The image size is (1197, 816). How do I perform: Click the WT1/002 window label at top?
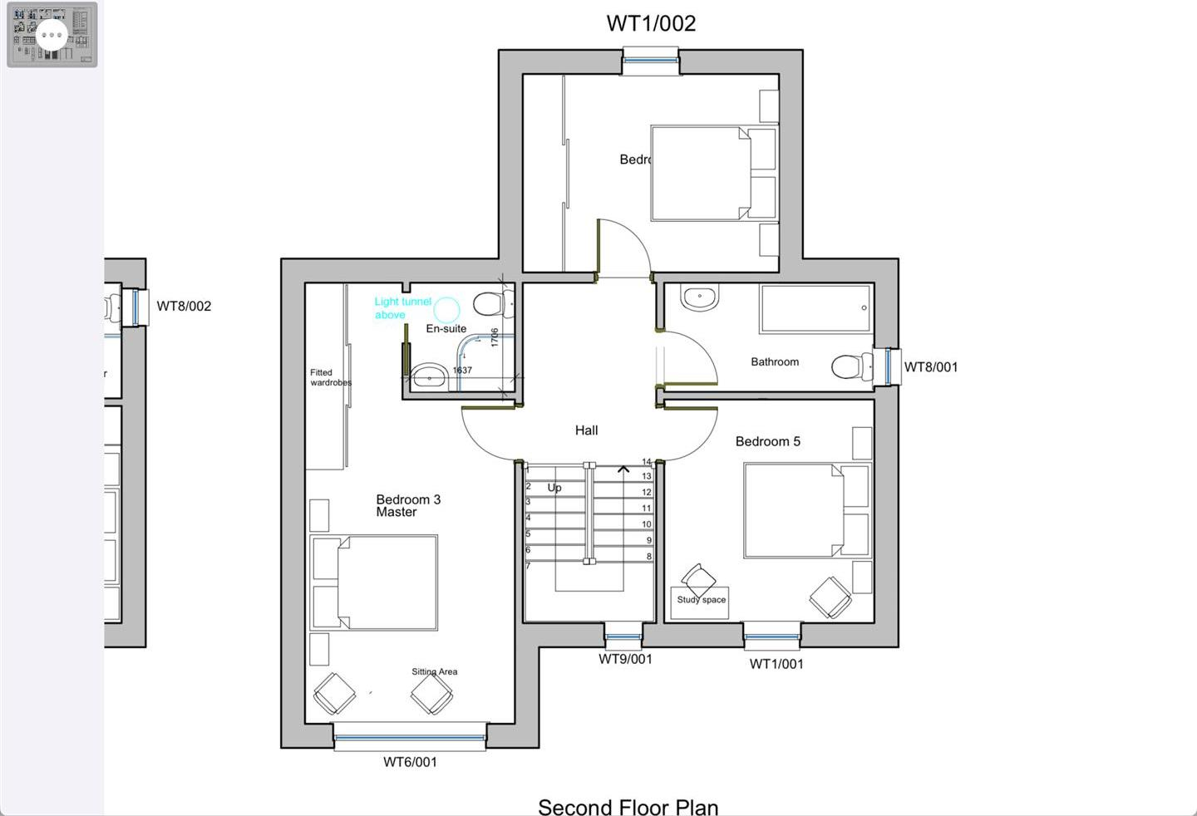[651, 23]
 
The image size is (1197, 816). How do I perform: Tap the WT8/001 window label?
[930, 367]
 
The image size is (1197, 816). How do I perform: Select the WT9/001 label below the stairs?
[625, 659]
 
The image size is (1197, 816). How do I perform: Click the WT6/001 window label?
[410, 762]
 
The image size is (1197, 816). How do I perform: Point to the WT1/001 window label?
[776, 664]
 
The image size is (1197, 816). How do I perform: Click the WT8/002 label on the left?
[184, 306]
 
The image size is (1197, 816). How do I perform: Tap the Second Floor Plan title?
[628, 806]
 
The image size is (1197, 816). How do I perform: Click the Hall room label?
[586, 430]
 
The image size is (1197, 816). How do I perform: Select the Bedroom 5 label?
[767, 441]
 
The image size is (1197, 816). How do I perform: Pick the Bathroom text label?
[774, 362]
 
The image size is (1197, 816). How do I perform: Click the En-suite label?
[446, 329]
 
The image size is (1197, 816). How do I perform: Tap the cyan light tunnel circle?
[447, 310]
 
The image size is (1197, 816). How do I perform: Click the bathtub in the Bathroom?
[815, 308]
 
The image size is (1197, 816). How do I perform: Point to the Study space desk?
[700, 602]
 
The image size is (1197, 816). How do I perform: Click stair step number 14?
[647, 462]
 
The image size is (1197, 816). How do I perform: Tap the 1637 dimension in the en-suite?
[462, 371]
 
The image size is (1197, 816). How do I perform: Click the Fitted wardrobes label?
[330, 378]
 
